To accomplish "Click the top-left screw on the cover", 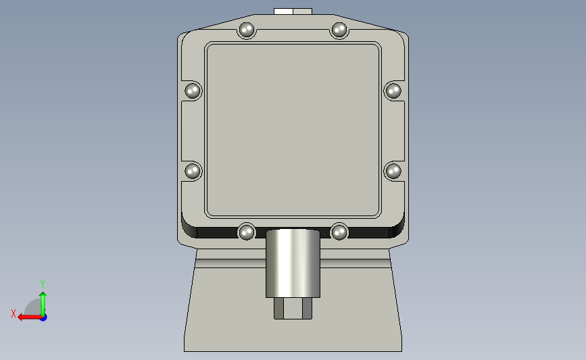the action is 246,30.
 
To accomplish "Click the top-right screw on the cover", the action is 339,30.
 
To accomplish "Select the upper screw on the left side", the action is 193,91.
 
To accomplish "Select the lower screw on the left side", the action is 193,172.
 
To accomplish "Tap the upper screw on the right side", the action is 393,91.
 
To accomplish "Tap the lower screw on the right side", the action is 393,172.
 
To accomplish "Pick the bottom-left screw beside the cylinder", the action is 246,232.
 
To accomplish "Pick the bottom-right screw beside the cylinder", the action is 339,232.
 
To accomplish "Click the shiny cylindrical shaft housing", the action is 293,263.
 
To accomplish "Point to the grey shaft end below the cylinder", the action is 293,308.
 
